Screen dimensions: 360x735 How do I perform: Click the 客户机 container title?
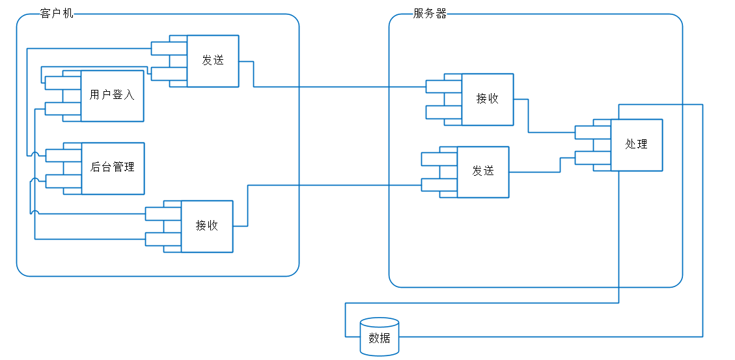click(57, 13)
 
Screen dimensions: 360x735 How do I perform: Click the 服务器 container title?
click(430, 14)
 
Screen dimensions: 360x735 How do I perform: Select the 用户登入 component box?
click(112, 96)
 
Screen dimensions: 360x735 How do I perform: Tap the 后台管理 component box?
click(112, 168)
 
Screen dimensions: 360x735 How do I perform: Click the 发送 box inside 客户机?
click(213, 61)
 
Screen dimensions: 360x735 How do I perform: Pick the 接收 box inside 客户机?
click(207, 227)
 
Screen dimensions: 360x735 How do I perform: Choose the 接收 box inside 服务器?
click(488, 100)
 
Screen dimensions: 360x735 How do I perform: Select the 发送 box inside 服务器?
click(483, 172)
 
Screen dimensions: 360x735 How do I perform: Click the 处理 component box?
click(636, 145)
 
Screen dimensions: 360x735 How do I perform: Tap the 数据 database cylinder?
click(380, 337)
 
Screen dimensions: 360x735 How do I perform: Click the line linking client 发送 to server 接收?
click(339, 87)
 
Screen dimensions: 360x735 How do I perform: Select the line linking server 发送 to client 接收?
click(332, 185)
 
